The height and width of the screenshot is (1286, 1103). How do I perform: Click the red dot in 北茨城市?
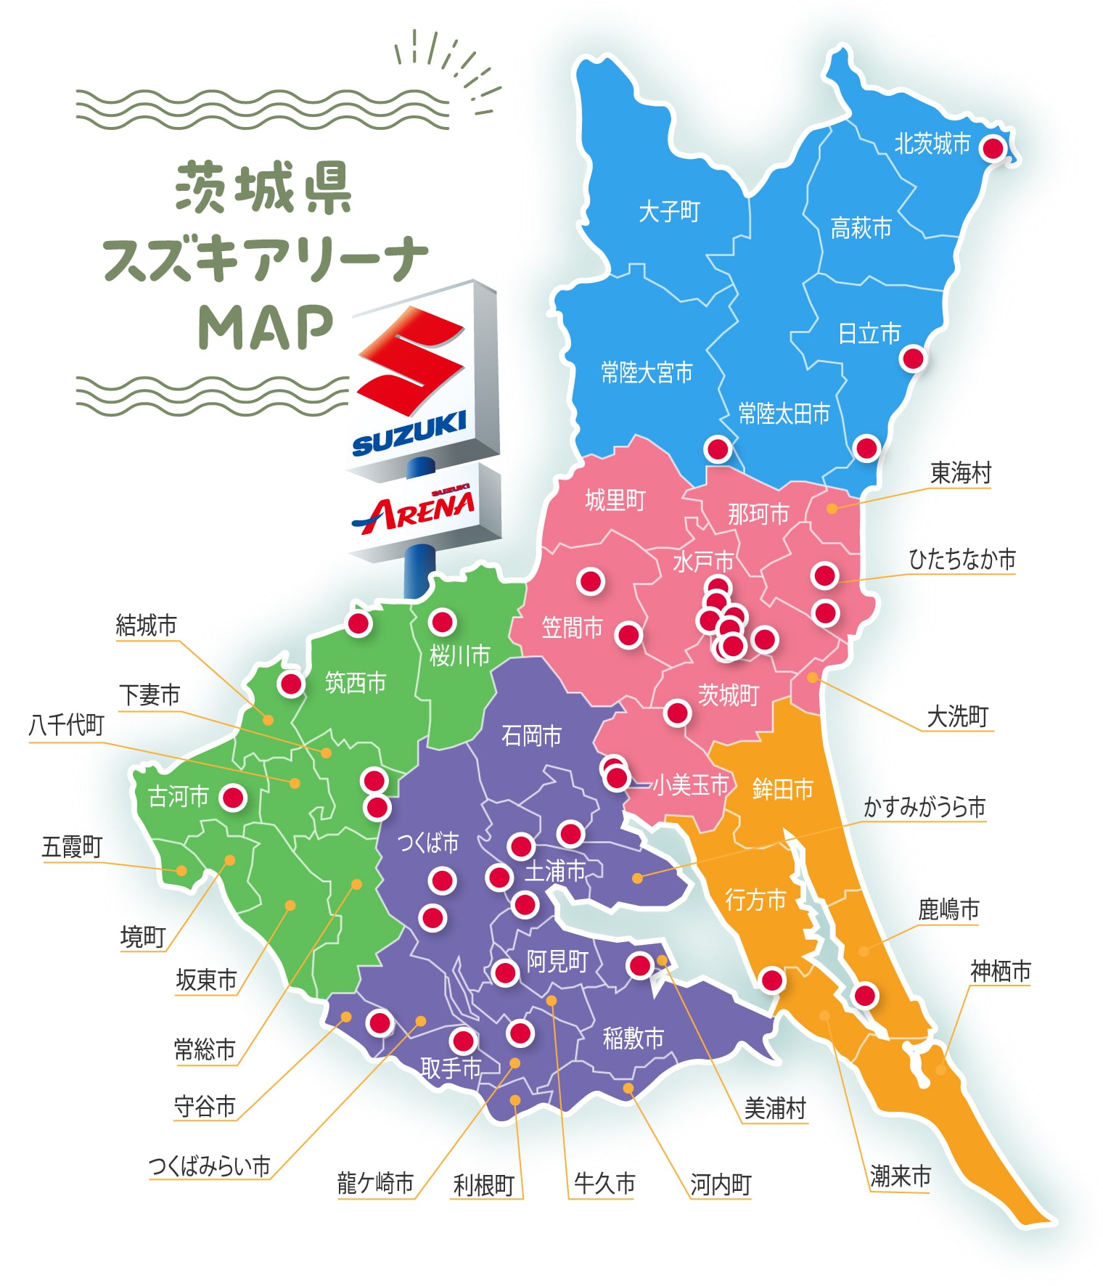point(992,149)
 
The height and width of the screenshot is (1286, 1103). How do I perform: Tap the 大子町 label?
point(669,212)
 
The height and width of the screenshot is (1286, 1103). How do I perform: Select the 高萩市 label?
point(861,229)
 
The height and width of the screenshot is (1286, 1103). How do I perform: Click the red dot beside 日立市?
point(912,358)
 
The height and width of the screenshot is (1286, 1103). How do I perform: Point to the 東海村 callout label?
point(960,473)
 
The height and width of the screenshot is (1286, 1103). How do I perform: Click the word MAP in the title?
point(266,328)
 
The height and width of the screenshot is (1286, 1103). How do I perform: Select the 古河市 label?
point(178,797)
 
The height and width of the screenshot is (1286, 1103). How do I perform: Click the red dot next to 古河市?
point(233,798)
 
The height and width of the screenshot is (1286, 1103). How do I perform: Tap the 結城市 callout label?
point(146,626)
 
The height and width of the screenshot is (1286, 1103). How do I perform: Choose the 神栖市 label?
point(1000,971)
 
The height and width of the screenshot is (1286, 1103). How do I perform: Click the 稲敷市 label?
point(633,1039)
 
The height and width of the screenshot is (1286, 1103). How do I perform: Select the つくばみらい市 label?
point(209,1166)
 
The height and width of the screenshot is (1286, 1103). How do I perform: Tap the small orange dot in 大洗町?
point(812,677)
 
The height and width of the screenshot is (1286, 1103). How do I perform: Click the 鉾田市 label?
point(782,789)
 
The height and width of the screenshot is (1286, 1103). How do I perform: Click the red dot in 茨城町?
point(677,713)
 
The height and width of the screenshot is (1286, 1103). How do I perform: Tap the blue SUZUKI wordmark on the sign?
point(409,433)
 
